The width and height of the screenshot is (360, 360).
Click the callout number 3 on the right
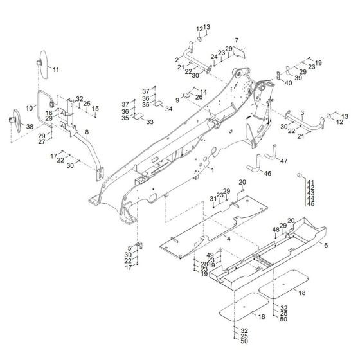coord(301,113)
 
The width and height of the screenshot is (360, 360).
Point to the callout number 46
coord(268,174)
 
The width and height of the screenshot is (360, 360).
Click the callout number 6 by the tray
coord(325,246)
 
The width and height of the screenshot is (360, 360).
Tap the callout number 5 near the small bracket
coord(130,248)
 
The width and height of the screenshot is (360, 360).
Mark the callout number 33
coord(150,122)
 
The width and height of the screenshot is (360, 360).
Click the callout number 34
coord(169,109)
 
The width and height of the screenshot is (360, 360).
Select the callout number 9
coord(177,99)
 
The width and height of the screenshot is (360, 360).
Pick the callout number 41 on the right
coord(311,183)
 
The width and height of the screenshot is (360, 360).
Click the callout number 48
coord(276,230)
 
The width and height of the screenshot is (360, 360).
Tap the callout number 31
coord(213,199)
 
